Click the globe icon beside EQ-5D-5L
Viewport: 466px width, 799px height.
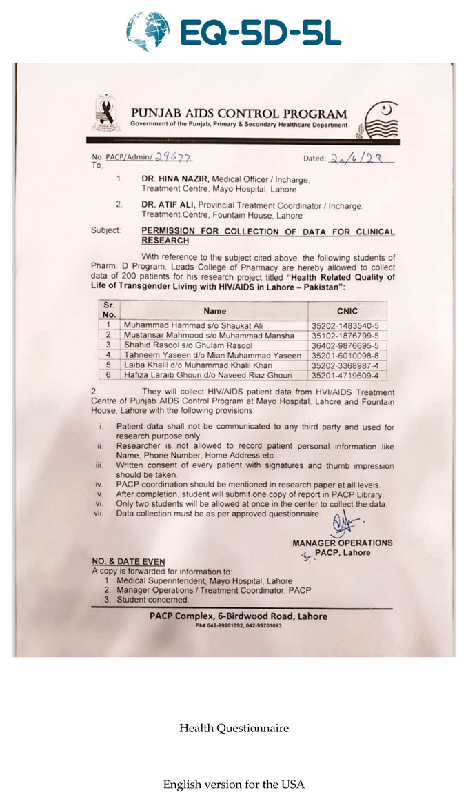pos(148,32)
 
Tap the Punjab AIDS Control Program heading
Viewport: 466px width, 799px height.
pos(239,114)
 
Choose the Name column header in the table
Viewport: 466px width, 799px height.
pos(214,311)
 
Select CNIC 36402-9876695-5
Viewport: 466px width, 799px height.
pos(345,345)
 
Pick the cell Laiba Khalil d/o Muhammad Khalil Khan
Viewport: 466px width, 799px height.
pos(198,365)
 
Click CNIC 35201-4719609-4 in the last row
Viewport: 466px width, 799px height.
pos(345,375)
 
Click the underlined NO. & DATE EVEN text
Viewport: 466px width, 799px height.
pos(128,562)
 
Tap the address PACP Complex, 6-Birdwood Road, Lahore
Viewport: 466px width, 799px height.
pos(239,616)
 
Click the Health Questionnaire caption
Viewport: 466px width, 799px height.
pos(234,728)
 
